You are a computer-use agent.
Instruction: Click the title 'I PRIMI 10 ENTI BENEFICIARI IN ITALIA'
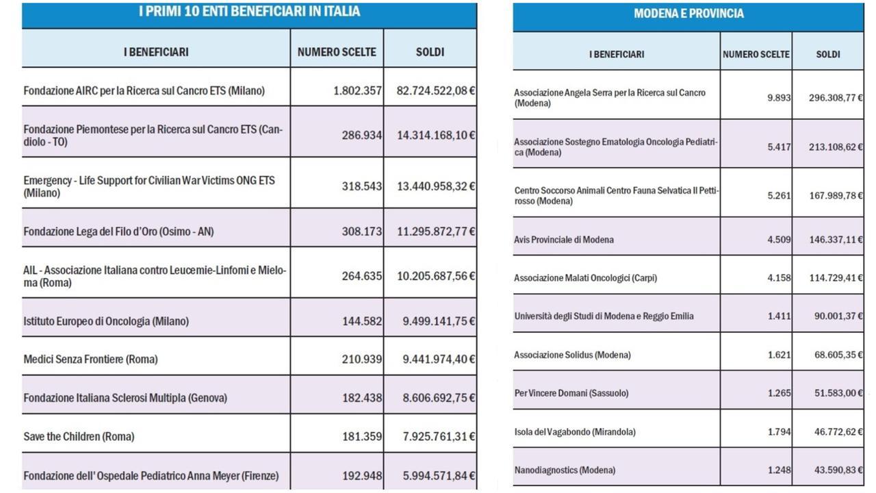click(x=250, y=12)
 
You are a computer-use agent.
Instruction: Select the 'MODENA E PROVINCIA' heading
click(x=688, y=14)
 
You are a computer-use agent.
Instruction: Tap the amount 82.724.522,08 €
click(x=436, y=91)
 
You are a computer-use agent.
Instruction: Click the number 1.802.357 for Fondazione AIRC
click(x=357, y=91)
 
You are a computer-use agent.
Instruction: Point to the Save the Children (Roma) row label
click(x=79, y=436)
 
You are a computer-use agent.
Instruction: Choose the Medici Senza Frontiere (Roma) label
click(x=91, y=359)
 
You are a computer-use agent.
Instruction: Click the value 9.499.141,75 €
click(x=439, y=321)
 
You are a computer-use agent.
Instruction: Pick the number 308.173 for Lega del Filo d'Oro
click(x=362, y=231)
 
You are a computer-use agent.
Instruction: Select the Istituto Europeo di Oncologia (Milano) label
click(x=106, y=321)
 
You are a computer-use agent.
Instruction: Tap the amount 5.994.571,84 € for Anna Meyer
click(x=439, y=476)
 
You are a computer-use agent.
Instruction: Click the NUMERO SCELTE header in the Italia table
click(x=337, y=52)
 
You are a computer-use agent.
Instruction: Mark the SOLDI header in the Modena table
click(x=828, y=54)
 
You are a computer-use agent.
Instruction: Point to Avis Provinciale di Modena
click(x=564, y=240)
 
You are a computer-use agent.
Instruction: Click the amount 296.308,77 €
click(x=836, y=97)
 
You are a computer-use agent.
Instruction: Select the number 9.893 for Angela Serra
click(x=779, y=97)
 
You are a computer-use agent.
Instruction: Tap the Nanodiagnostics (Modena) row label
click(x=565, y=470)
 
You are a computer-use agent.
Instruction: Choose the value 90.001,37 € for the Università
click(x=838, y=316)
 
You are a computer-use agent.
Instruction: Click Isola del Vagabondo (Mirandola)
click(x=575, y=432)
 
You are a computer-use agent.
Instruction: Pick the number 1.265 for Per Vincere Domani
click(x=780, y=393)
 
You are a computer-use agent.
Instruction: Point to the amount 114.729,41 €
click(x=836, y=278)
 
